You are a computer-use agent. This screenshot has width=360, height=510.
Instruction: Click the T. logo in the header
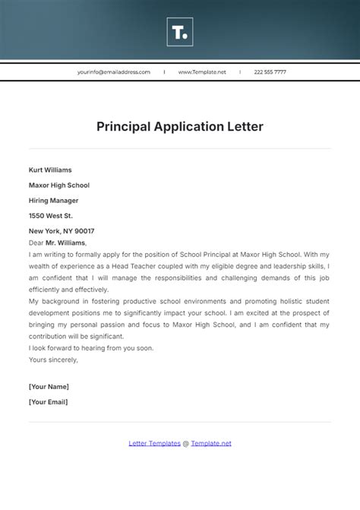pos(180,32)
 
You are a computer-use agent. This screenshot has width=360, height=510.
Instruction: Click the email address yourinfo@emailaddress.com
pos(114,72)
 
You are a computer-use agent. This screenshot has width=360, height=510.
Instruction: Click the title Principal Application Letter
pos(180,127)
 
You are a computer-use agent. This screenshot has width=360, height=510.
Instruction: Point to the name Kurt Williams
pos(50,170)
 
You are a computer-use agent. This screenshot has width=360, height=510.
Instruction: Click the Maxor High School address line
pos(58,185)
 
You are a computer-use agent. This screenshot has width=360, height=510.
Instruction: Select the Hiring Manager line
pos(53,201)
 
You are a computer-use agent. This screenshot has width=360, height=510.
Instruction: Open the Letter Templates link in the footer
pos(154,443)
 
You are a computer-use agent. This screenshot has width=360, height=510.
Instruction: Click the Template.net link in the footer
pos(211,443)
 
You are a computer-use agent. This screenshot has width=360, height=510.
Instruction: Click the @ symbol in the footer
pos(186,443)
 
